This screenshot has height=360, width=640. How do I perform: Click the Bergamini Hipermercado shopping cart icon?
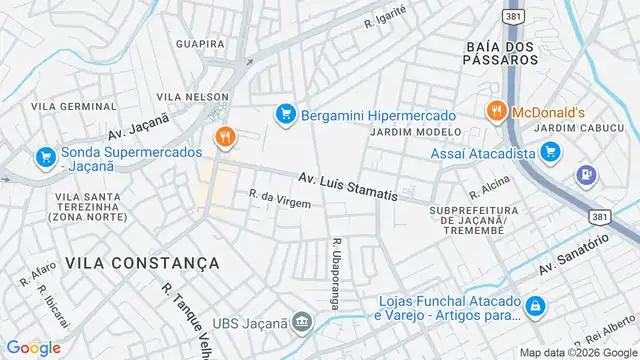click(286, 115)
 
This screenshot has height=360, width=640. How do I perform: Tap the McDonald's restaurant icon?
click(495, 113)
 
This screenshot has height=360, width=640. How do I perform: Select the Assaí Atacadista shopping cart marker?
click(548, 152)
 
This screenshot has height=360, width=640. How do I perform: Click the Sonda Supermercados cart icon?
click(45, 158)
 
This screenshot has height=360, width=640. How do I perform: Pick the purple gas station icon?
click(585, 176)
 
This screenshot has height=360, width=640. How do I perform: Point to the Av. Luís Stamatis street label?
click(347, 186)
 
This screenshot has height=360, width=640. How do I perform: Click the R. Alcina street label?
click(490, 187)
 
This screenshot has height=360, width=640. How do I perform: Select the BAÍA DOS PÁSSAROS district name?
click(502, 53)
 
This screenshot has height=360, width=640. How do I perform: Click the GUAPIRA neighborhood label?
click(200, 44)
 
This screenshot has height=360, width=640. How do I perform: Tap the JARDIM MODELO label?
click(415, 132)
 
